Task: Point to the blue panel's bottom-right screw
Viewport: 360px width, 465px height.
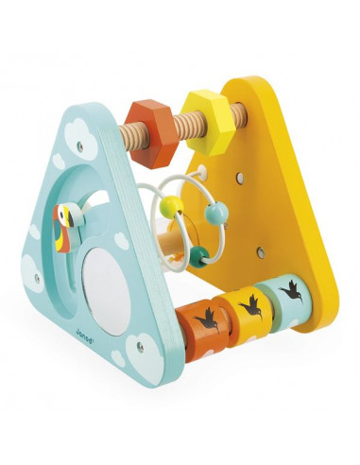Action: coord(141,346)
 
